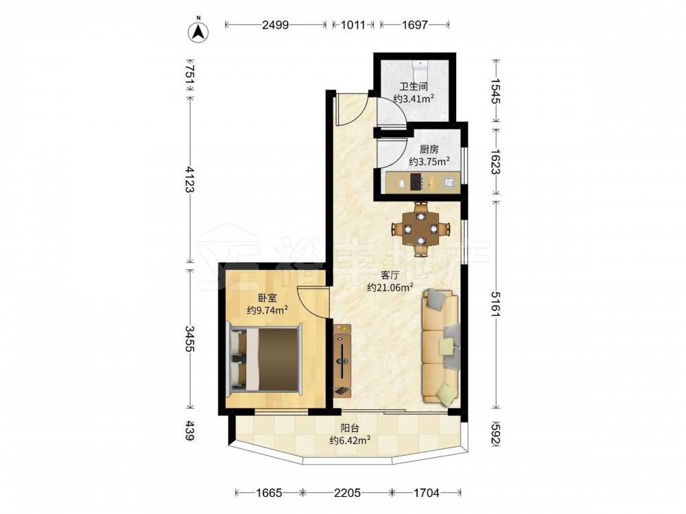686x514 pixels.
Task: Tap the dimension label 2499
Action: pyautogui.click(x=275, y=25)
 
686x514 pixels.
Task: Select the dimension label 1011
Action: pyautogui.click(x=353, y=25)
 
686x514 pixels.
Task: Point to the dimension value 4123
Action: pyautogui.click(x=190, y=179)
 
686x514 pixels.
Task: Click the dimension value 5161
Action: pyautogui.click(x=496, y=304)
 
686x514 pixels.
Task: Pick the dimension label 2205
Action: pyautogui.click(x=347, y=493)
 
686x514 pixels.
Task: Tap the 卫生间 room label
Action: pyautogui.click(x=414, y=86)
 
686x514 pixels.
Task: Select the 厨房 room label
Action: pyautogui.click(x=429, y=150)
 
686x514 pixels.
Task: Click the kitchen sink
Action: pyautogui.click(x=449, y=182)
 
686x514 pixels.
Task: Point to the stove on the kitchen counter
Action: pyautogui.click(x=416, y=182)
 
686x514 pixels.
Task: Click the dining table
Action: pyautogui.click(x=421, y=229)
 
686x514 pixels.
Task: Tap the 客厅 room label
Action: pyautogui.click(x=390, y=276)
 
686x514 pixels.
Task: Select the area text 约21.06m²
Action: pyautogui.click(x=390, y=287)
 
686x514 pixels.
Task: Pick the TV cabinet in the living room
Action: pyautogui.click(x=342, y=360)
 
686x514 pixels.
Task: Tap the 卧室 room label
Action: pyautogui.click(x=267, y=299)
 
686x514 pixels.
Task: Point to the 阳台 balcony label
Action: pyautogui.click(x=350, y=428)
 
